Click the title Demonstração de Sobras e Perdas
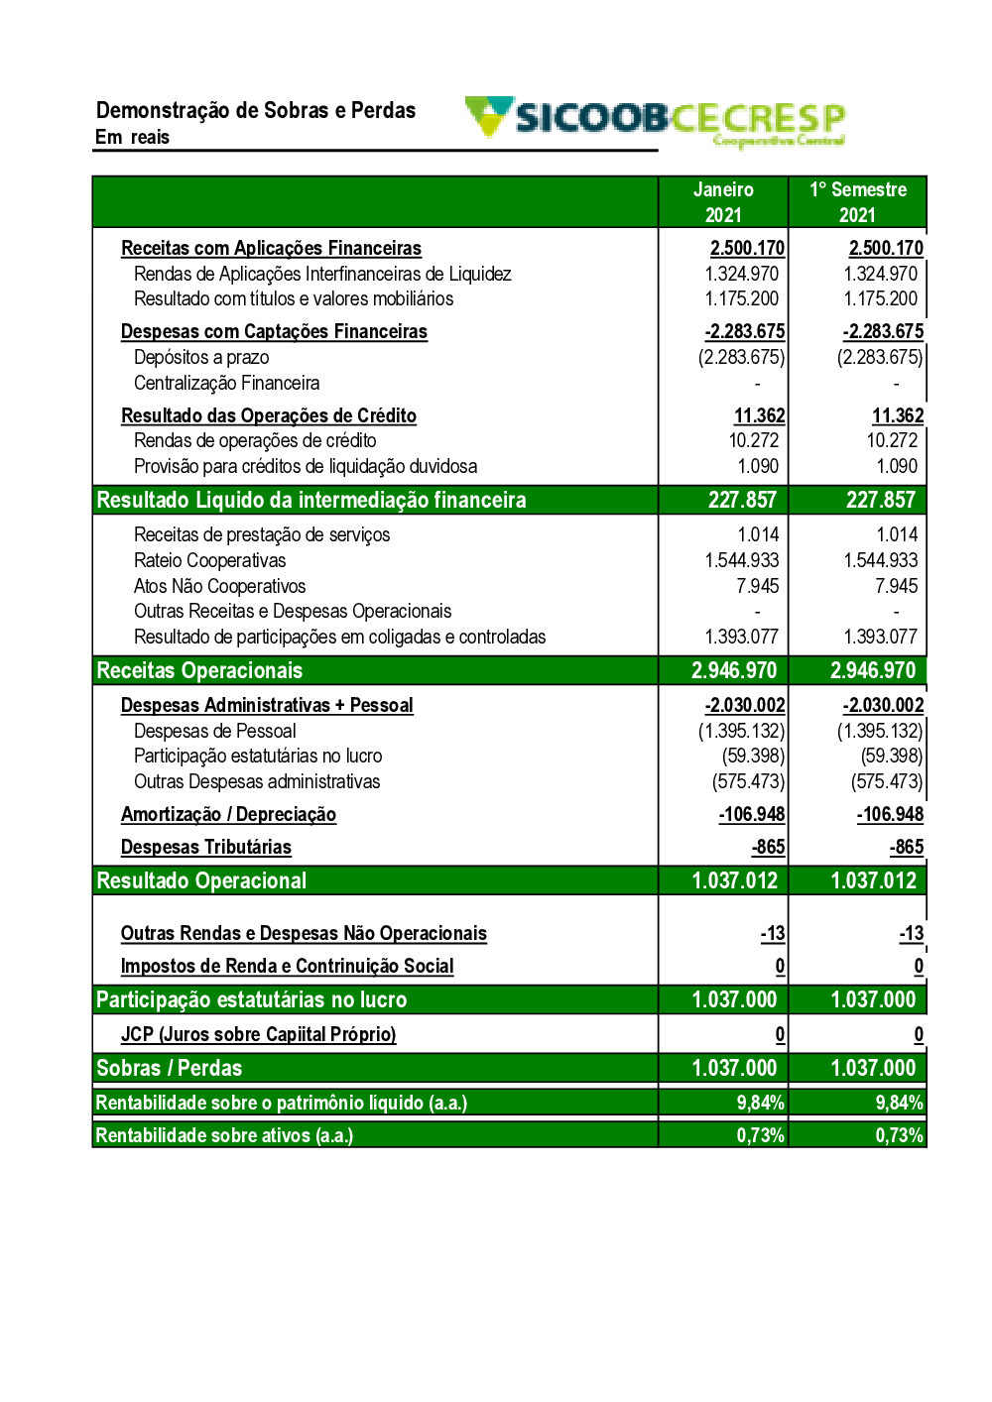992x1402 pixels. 256,110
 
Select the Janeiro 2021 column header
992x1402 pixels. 723,202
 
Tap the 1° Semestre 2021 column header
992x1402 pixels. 858,202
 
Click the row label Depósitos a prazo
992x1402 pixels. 201,357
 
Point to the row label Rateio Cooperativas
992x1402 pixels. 209,560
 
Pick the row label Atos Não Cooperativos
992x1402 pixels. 219,586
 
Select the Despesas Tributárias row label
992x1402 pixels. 206,847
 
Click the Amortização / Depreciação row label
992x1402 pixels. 228,814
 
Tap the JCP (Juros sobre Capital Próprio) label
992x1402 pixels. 258,1034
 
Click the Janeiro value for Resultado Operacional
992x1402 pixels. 734,880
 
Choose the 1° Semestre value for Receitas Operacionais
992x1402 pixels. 873,670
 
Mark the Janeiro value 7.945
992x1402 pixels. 758,586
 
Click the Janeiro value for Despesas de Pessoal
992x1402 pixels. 741,731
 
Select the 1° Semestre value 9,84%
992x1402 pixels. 899,1103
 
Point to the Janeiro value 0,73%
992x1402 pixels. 760,1135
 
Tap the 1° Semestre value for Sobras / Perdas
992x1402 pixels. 873,1068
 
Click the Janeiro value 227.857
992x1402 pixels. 742,500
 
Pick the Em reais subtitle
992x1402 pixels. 132,137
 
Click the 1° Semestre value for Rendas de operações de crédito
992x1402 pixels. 892,440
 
